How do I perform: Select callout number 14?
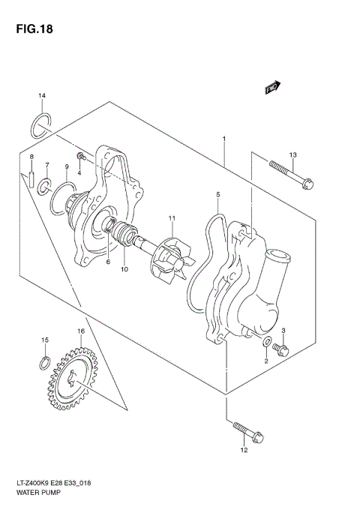[x=43, y=96]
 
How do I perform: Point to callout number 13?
[x=293, y=154]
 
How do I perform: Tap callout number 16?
[x=79, y=331]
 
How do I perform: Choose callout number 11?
[x=171, y=218]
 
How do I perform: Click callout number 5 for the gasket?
[x=218, y=194]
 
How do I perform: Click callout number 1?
[x=223, y=139]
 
